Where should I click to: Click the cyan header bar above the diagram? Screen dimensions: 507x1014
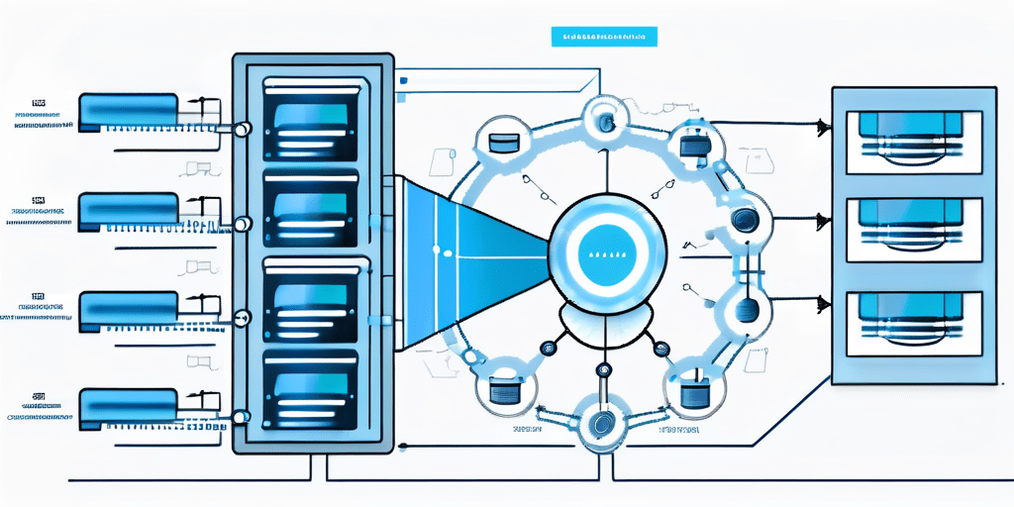(x=604, y=37)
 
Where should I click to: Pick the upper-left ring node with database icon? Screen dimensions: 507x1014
(x=504, y=141)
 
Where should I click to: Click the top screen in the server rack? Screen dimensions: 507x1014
(x=309, y=117)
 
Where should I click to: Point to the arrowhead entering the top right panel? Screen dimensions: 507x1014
(x=822, y=126)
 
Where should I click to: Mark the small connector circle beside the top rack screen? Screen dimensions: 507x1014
(x=242, y=129)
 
